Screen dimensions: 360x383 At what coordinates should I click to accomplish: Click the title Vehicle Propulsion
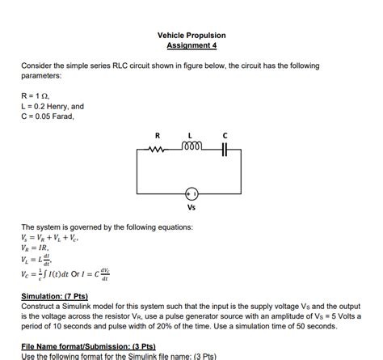[x=191, y=36]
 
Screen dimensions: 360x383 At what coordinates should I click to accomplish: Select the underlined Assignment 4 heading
[x=191, y=46]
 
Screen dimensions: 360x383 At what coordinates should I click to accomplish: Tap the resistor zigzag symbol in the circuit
[x=158, y=148]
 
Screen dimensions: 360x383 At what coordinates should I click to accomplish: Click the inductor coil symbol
[x=190, y=147]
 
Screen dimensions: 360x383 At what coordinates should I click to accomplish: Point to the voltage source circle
[x=191, y=194]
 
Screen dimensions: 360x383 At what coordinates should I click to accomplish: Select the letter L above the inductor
[x=191, y=135]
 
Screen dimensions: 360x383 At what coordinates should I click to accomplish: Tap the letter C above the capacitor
[x=225, y=135]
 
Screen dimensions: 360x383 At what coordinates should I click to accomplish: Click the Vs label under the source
[x=191, y=208]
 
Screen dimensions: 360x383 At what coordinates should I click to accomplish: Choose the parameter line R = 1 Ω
[x=38, y=95]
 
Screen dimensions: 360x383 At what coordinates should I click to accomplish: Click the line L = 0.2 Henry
[x=53, y=106]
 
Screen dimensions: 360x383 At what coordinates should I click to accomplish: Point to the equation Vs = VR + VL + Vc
[x=50, y=239]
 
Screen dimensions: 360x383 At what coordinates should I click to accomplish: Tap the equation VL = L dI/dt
[x=39, y=261]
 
